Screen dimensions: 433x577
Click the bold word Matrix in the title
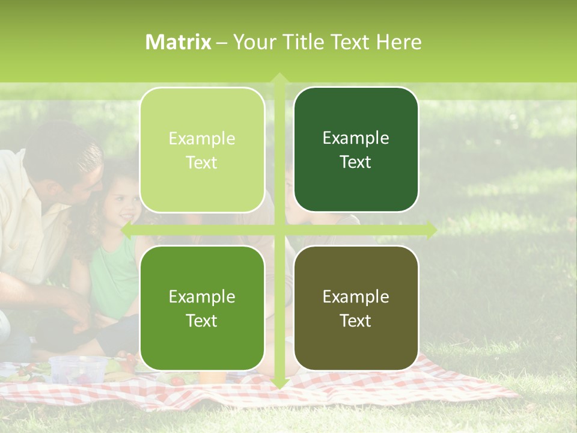pos(179,42)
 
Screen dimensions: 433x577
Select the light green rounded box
pos(202,150)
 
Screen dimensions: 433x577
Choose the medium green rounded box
pos(202,308)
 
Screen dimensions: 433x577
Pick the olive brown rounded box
pos(356,308)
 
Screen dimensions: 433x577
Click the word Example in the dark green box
pos(356,138)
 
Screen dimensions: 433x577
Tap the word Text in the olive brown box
pos(356,321)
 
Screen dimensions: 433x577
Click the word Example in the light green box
pos(202,138)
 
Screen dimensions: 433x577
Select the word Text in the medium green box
pos(202,321)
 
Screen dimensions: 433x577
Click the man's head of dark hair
pos(63,147)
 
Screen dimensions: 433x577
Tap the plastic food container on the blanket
pos(78,368)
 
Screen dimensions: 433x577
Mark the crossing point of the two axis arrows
pos(279,230)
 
